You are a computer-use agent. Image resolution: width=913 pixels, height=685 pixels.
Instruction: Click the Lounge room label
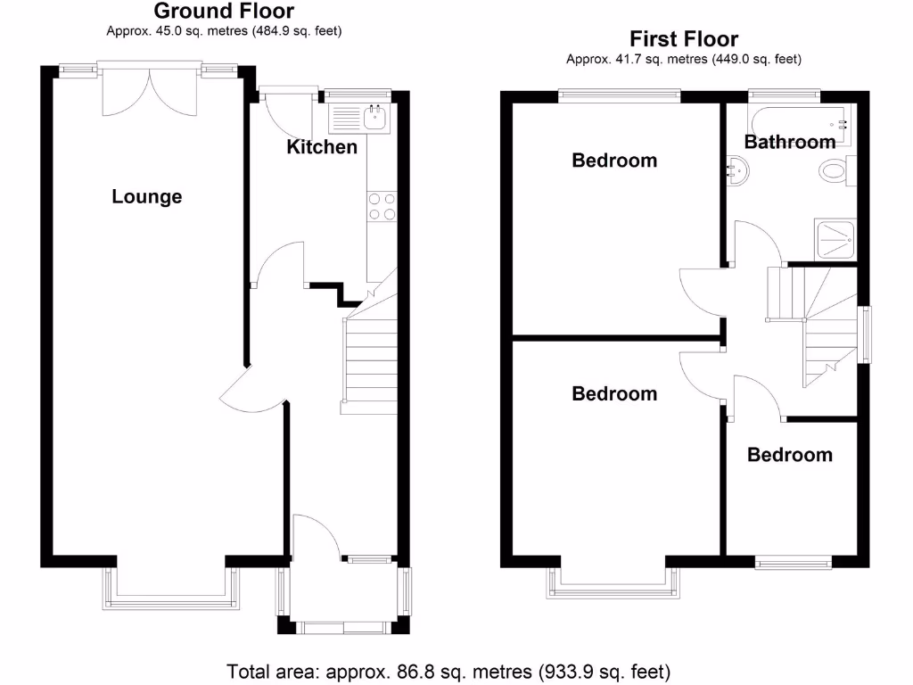point(147,196)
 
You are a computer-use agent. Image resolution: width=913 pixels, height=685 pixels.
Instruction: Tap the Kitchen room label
point(321,147)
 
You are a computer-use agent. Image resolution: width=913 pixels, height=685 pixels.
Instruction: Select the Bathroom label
point(790,142)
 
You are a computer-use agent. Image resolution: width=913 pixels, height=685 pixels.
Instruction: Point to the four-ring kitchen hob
point(382,206)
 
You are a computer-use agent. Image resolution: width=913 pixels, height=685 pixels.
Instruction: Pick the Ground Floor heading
point(224,11)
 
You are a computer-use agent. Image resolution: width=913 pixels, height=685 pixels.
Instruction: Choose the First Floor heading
point(684,39)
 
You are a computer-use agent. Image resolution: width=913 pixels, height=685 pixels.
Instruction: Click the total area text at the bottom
point(448,671)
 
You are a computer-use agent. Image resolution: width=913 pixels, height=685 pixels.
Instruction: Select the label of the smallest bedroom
point(789,455)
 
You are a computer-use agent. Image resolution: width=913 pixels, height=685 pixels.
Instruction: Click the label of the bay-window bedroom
point(614,393)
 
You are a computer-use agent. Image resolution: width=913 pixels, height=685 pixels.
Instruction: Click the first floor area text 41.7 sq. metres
point(684,60)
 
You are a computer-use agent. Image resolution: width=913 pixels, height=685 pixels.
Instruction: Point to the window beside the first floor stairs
point(864,334)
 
